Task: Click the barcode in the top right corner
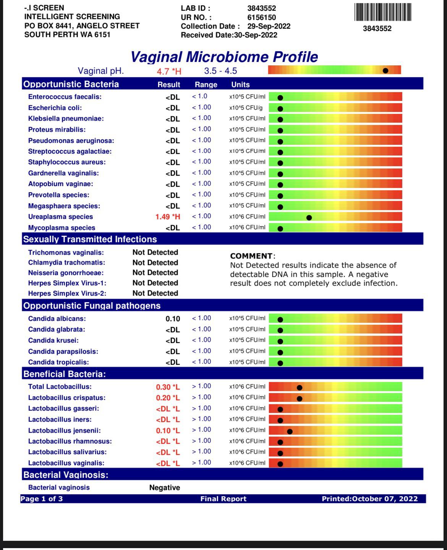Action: coord(382,12)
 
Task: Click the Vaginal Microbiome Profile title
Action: coord(224,57)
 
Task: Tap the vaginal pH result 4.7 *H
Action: coord(169,71)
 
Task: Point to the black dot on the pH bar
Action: coord(385,71)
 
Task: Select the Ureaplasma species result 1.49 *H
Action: coord(168,217)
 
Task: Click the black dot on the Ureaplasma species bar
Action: coord(309,218)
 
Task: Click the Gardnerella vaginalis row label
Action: coord(63,173)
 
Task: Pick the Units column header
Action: coord(240,85)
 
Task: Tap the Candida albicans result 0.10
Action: coord(173,319)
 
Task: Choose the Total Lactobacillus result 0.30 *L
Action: coord(168,387)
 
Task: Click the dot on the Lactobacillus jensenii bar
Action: coord(290,432)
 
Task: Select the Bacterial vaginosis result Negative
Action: coord(164,488)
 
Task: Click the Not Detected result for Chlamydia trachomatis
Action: coord(155,263)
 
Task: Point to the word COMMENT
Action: coord(251,256)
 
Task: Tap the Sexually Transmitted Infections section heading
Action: coord(90,239)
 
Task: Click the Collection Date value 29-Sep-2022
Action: coord(269,26)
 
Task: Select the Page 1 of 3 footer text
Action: coord(42,499)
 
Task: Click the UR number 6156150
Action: coord(261,17)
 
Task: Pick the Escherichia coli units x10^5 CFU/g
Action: coord(246,108)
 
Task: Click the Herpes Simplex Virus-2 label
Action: coord(67,294)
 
